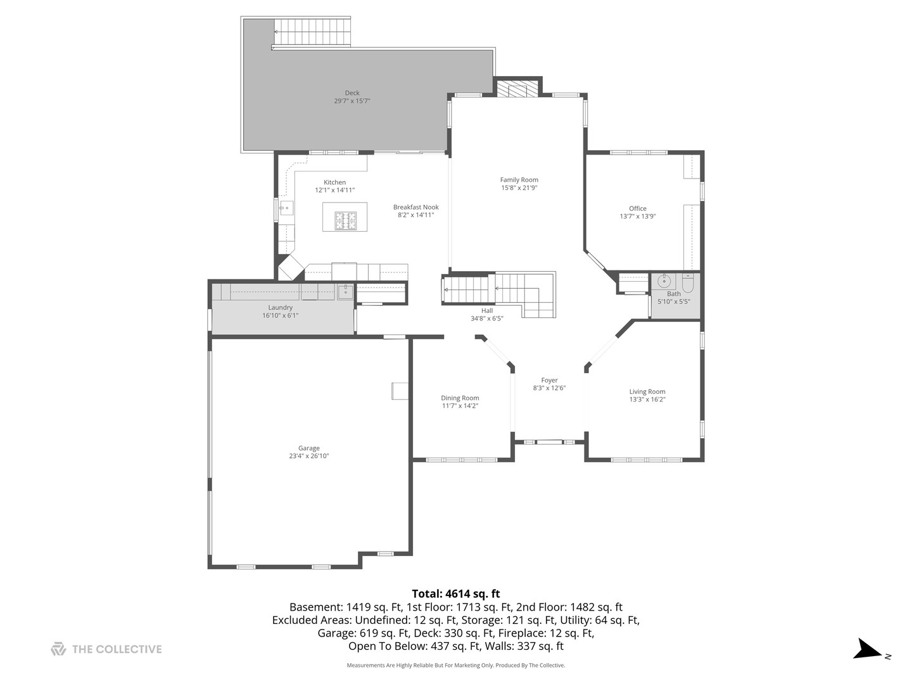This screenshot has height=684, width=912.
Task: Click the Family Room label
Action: coord(519,180)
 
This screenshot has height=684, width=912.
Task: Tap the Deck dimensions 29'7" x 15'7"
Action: coord(352,101)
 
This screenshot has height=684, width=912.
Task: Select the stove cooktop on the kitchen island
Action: coord(346,220)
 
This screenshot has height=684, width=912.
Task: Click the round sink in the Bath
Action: coord(664,282)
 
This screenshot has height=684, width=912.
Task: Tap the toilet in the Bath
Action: coord(688,283)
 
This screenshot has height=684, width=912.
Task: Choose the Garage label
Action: coord(308,448)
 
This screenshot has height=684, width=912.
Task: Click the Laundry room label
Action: coord(280,307)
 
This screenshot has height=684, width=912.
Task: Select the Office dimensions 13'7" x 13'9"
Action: coord(637,217)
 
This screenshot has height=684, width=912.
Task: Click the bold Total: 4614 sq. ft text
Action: coord(456,593)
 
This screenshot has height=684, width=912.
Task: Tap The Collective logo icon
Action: coord(58,649)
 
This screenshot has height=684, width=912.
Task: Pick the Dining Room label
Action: coord(460,398)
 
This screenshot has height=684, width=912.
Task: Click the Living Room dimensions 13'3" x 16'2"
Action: coord(647,400)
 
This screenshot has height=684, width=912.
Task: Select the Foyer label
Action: coord(549,380)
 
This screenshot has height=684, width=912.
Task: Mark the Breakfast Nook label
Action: coord(416,207)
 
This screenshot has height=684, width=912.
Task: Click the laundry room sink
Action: coord(345,292)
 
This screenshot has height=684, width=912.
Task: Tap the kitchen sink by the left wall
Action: coord(286,208)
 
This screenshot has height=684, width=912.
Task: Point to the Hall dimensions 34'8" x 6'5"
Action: coord(486,319)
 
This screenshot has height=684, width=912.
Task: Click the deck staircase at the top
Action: coord(312,32)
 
